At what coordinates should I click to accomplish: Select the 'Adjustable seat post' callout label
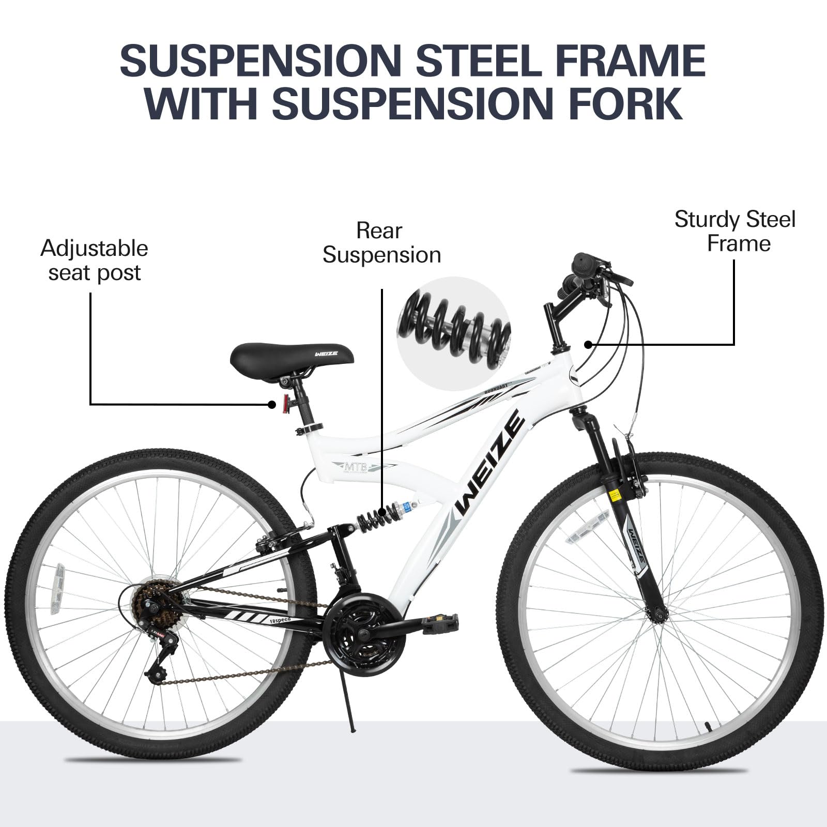pyautogui.click(x=94, y=261)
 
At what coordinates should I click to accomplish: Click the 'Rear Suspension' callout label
pyautogui.click(x=381, y=243)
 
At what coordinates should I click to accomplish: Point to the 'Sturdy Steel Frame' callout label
pyautogui.click(x=734, y=231)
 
